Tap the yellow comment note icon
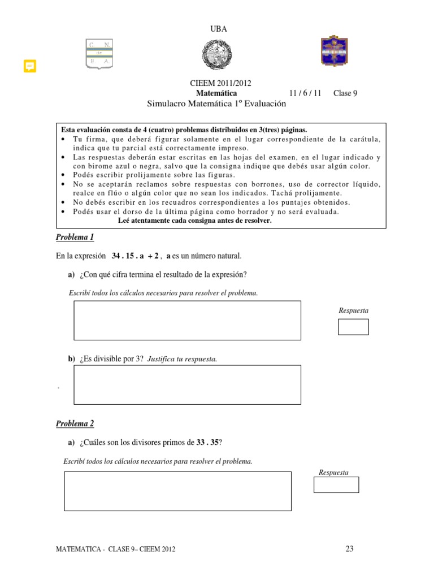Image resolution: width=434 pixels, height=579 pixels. coord(30,66)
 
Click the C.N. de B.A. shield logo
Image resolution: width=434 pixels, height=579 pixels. coord(99,54)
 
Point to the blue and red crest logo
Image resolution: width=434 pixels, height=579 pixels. coord(334,51)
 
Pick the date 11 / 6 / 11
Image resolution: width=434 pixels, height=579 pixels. coord(305,93)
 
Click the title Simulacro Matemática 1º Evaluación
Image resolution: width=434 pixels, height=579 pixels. coord(216,104)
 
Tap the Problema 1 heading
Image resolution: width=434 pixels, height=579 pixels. coord(75,237)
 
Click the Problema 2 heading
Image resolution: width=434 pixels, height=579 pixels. coord(75,424)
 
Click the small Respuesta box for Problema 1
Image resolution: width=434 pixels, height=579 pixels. coord(353,327)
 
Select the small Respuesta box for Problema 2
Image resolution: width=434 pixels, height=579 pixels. coord(336,485)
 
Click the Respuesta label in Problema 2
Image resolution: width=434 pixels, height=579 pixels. coord(333,472)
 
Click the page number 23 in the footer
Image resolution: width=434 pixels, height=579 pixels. coord(349,548)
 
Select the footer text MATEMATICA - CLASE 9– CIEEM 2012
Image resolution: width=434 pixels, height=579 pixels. coord(120,549)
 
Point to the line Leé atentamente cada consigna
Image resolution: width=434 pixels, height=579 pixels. coord(195,221)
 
